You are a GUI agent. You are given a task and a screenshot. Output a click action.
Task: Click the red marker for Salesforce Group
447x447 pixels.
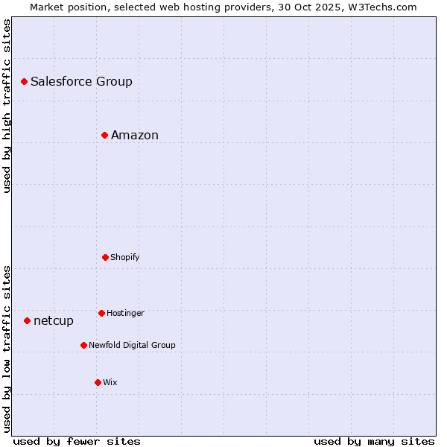tap(24, 81)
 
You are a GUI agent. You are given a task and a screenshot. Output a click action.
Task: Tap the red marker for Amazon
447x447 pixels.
tap(105, 135)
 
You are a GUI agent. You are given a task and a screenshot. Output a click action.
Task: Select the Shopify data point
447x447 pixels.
tap(105, 257)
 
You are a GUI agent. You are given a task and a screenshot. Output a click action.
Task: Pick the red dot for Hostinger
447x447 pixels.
tap(101, 313)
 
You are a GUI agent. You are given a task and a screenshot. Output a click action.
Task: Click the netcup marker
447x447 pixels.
tap(27, 320)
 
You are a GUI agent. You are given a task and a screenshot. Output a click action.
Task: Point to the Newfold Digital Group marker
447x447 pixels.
tap(83, 345)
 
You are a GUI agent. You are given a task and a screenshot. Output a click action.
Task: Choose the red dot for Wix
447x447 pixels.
tap(98, 382)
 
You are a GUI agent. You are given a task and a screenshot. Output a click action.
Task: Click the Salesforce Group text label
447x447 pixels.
tap(81, 81)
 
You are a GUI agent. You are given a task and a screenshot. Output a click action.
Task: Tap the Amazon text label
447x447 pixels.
tap(135, 135)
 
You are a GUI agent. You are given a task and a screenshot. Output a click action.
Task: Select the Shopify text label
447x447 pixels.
tap(124, 257)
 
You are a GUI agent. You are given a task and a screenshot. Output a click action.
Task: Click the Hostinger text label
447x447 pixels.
tap(125, 313)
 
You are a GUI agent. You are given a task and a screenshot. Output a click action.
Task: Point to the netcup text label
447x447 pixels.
tap(54, 320)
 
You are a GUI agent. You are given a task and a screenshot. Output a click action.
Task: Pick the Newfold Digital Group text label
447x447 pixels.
tap(132, 345)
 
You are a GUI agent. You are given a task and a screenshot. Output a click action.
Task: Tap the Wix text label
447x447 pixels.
tap(110, 382)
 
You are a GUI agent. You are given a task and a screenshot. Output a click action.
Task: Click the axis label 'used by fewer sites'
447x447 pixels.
tap(77, 441)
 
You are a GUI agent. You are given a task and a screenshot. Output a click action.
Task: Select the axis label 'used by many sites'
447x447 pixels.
tap(374, 441)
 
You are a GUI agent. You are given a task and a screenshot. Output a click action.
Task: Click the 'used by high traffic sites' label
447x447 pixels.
tap(7, 106)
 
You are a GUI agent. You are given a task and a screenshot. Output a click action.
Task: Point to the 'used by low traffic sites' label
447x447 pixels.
tap(7, 349)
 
